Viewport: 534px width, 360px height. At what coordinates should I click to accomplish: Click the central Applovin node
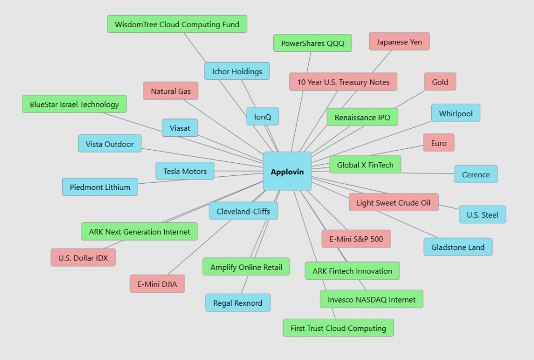click(287, 171)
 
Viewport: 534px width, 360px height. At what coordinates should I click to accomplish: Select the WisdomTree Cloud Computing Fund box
click(177, 24)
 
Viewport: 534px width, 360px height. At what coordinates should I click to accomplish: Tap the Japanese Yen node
click(399, 42)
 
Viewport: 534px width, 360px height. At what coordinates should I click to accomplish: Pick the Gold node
click(440, 82)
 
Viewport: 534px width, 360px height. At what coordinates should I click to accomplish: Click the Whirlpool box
click(456, 113)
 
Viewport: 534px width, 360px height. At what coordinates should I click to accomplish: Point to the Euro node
click(439, 143)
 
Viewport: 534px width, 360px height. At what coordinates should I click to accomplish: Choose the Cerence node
click(476, 174)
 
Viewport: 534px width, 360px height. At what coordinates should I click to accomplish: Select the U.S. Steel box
click(482, 214)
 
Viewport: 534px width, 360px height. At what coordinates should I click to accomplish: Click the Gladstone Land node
click(458, 247)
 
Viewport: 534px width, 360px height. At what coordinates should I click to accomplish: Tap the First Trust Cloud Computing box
click(338, 328)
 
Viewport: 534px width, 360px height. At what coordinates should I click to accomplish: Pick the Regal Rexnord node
click(238, 303)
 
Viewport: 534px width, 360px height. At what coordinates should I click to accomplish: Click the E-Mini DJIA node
click(157, 284)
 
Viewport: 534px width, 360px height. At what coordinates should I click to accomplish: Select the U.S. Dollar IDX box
click(83, 258)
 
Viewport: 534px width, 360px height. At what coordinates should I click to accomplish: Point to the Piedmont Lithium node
click(100, 187)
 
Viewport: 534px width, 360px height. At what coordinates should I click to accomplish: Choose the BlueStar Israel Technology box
click(74, 104)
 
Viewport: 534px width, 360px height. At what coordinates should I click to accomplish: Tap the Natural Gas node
click(171, 91)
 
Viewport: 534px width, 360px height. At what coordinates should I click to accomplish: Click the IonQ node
click(263, 116)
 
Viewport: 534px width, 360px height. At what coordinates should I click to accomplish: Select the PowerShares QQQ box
click(313, 43)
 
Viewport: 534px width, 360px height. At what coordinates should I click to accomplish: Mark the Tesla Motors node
click(185, 171)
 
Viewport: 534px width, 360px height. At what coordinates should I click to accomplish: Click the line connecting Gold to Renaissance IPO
click(410, 100)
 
